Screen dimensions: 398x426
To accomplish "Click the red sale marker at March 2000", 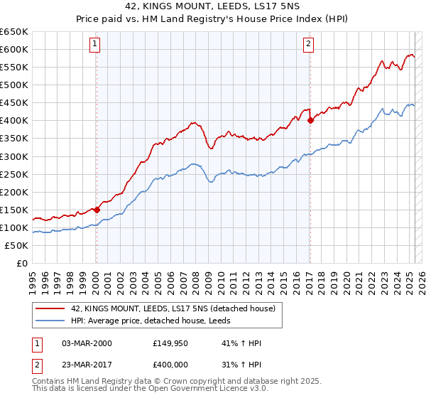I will [x=97, y=210].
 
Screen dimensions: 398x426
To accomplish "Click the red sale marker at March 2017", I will [x=310, y=120].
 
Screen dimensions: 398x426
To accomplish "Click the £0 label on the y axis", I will [x=21, y=263].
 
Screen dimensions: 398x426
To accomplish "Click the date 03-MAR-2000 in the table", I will [x=87, y=343].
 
